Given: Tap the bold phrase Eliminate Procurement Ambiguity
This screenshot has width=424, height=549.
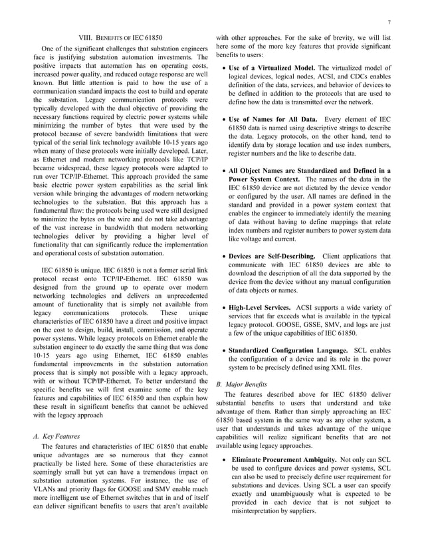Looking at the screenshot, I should [283, 459].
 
